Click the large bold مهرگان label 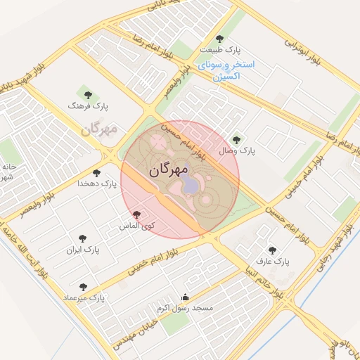tap(169, 170)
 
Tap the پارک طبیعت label tap(219, 51)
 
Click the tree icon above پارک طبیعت tap(219, 39)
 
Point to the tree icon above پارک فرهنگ tap(88, 94)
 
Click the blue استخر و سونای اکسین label tap(227, 70)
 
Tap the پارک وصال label tap(238, 150)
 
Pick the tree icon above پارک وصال tap(236, 139)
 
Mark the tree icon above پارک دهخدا tap(97, 172)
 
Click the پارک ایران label tap(83, 250)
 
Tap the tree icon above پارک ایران tap(83, 238)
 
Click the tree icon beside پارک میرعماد tap(83, 287)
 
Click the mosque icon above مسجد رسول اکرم tap(186, 297)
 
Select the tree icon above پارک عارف tap(272, 250)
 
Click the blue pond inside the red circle tap(191, 185)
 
